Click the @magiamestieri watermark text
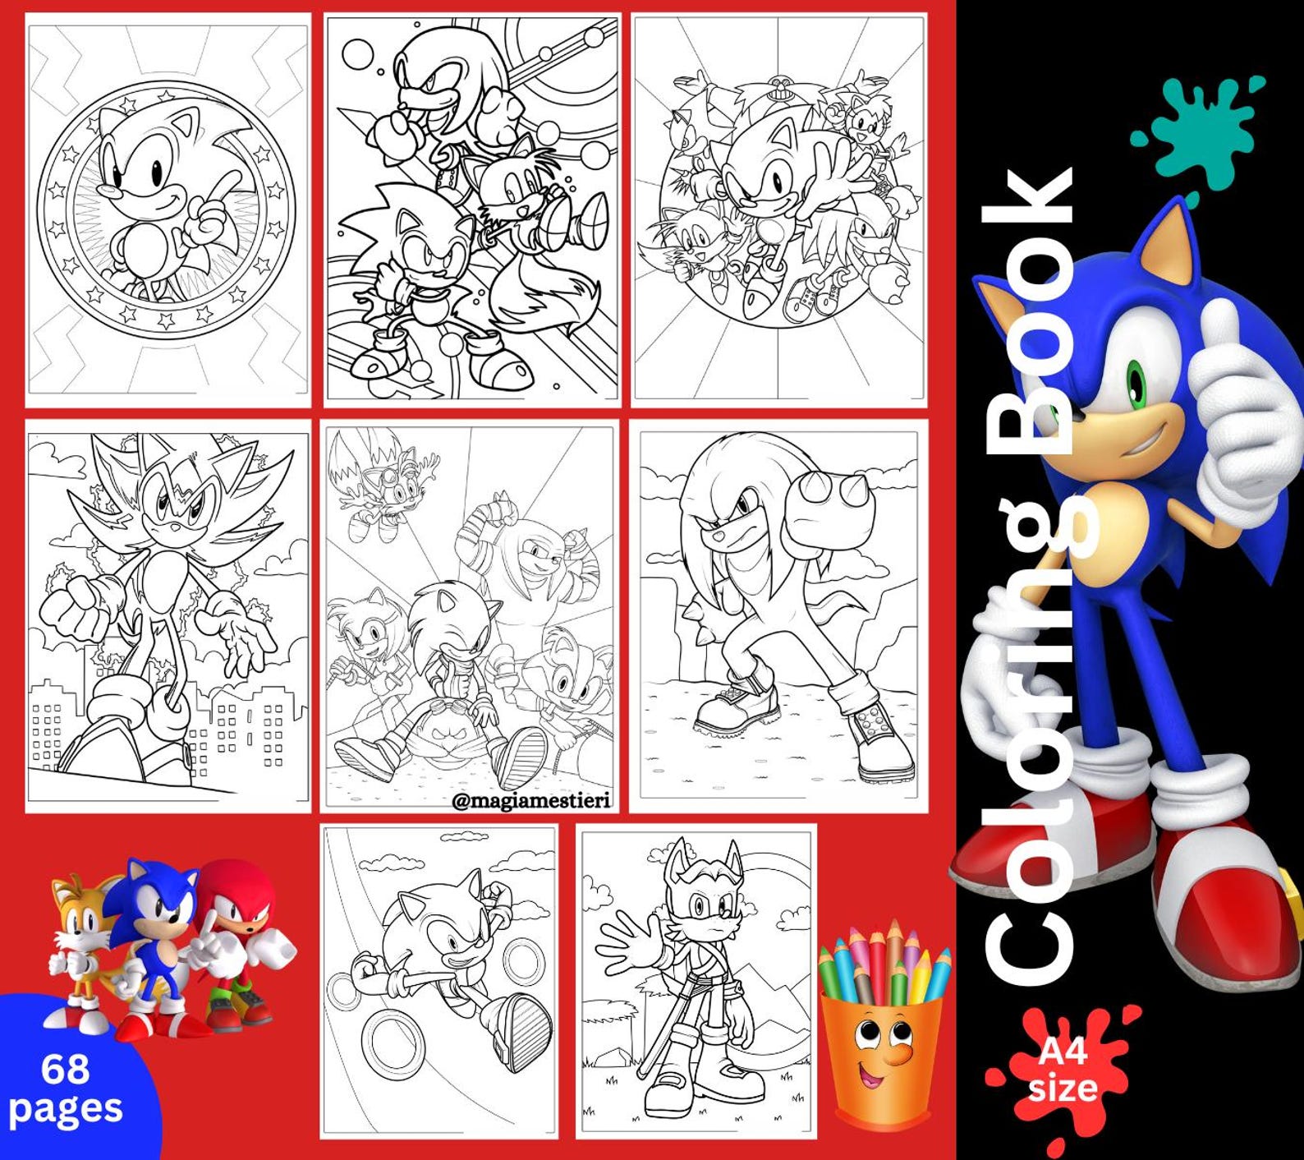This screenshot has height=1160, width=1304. click(532, 800)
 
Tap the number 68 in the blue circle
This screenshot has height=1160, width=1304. click(65, 1070)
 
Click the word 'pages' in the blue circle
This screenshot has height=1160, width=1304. click(66, 1108)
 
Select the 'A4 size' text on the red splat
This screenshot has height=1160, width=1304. click(1063, 1070)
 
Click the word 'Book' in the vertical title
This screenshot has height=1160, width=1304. click(1031, 312)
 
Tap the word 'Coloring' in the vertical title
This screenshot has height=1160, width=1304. click(1031, 739)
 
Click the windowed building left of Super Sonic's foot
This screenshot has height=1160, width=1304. click(49, 723)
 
